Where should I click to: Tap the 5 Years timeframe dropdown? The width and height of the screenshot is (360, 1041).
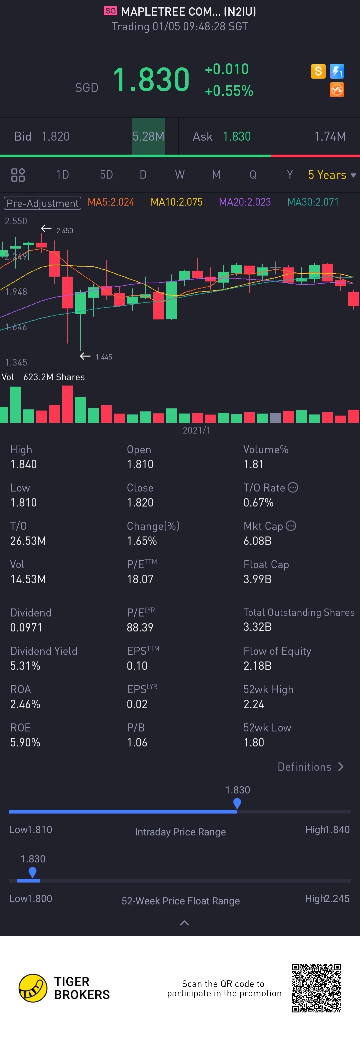(x=331, y=175)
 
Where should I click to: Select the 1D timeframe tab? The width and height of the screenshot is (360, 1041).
(x=62, y=175)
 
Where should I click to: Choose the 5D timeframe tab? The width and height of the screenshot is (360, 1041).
(x=106, y=175)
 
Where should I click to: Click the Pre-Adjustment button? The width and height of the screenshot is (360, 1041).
(x=42, y=203)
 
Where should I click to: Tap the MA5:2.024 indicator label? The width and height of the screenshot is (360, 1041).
(x=111, y=202)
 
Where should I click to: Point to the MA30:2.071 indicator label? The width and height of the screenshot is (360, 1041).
(x=313, y=202)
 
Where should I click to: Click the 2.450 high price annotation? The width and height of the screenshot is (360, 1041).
(x=64, y=231)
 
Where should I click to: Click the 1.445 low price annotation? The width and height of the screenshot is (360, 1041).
(x=103, y=357)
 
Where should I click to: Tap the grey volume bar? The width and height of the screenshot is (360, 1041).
(x=275, y=418)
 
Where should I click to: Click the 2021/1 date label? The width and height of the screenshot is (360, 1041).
(x=196, y=431)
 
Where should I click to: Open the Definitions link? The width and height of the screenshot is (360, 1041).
(x=310, y=767)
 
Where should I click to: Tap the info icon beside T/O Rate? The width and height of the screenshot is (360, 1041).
(x=293, y=488)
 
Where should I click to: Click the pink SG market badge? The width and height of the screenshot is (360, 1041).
(x=110, y=11)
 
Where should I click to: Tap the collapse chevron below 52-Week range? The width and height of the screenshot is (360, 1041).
(x=184, y=923)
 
